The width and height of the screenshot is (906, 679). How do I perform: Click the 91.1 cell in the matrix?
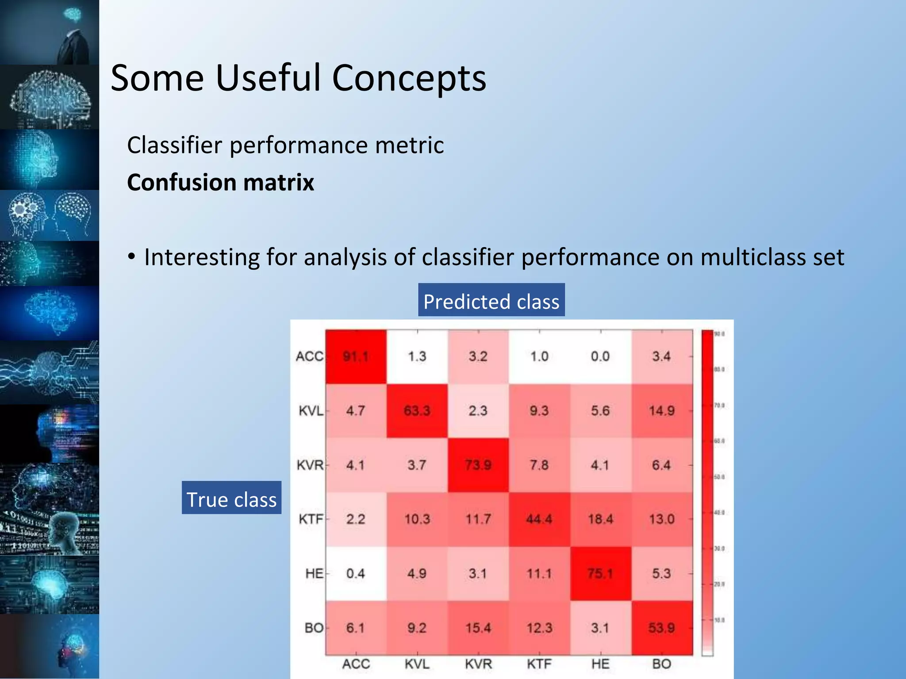coord(356,356)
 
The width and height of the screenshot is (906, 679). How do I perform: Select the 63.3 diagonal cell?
coord(417,411)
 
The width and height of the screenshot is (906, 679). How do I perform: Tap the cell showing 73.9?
coord(478,465)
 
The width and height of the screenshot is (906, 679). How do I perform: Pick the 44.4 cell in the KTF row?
coord(539,519)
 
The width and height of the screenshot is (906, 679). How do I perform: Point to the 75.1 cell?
coord(600,573)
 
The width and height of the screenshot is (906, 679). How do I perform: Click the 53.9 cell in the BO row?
coord(662,628)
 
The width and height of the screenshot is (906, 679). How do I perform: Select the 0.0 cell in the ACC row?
coord(600,356)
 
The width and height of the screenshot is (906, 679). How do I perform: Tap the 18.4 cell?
coord(600,519)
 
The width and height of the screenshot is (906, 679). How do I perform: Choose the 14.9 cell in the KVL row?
coord(662,411)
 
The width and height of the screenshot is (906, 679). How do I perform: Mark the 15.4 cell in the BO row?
coord(478,628)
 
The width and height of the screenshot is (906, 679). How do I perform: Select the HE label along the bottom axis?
coord(600,664)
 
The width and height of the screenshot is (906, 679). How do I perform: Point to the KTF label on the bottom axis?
coord(539,664)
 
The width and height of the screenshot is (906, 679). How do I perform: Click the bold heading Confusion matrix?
coord(220,183)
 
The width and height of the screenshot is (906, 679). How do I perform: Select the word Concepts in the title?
coord(409,78)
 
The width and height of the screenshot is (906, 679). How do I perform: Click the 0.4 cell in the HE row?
coord(356,573)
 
